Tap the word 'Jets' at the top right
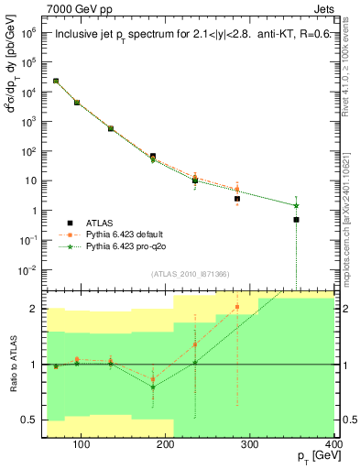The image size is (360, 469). (x=323, y=8)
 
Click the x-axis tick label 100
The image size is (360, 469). (x=81, y=445)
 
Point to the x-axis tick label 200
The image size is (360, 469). (x=165, y=445)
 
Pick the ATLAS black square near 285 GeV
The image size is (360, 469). (x=237, y=199)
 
